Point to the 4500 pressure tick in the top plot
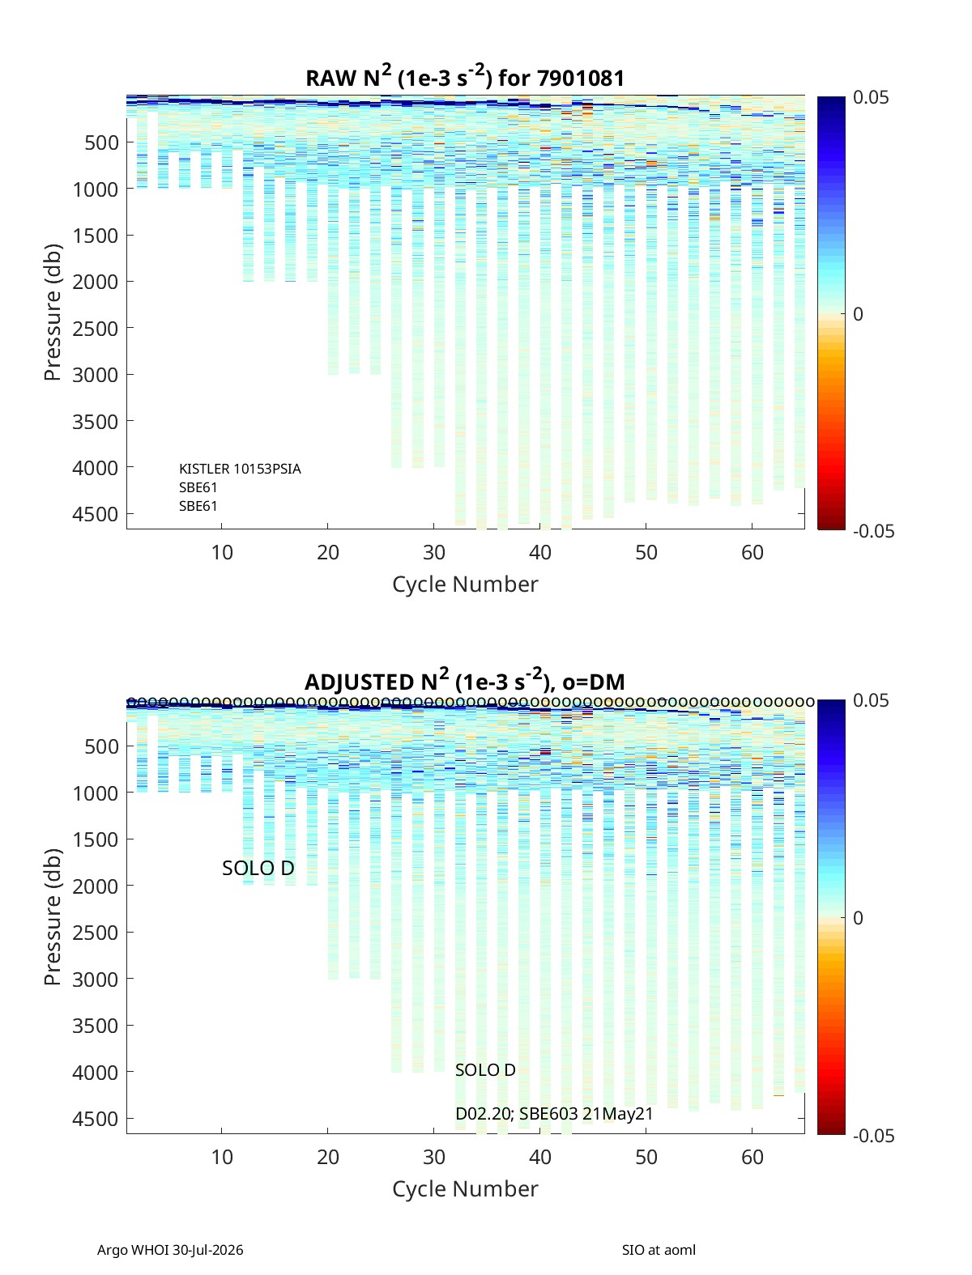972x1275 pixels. tap(95, 514)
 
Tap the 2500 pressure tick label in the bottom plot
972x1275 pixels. tap(95, 933)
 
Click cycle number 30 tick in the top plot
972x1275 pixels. tap(434, 552)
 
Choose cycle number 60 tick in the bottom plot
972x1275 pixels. tap(752, 1157)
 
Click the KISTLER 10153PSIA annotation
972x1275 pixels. tap(240, 469)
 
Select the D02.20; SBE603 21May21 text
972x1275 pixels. tap(554, 1114)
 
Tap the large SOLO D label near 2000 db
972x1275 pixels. tap(258, 868)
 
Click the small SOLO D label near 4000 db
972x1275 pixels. tap(485, 1070)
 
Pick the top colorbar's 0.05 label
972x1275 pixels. tap(871, 98)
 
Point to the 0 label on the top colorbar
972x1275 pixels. tap(858, 314)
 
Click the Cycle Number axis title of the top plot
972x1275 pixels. tap(466, 584)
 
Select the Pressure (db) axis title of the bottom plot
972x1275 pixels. tap(53, 916)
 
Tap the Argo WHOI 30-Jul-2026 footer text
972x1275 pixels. tap(170, 1250)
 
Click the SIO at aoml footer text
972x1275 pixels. tap(659, 1250)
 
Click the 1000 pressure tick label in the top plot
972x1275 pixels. tap(95, 189)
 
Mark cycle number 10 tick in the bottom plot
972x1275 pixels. tap(222, 1157)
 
